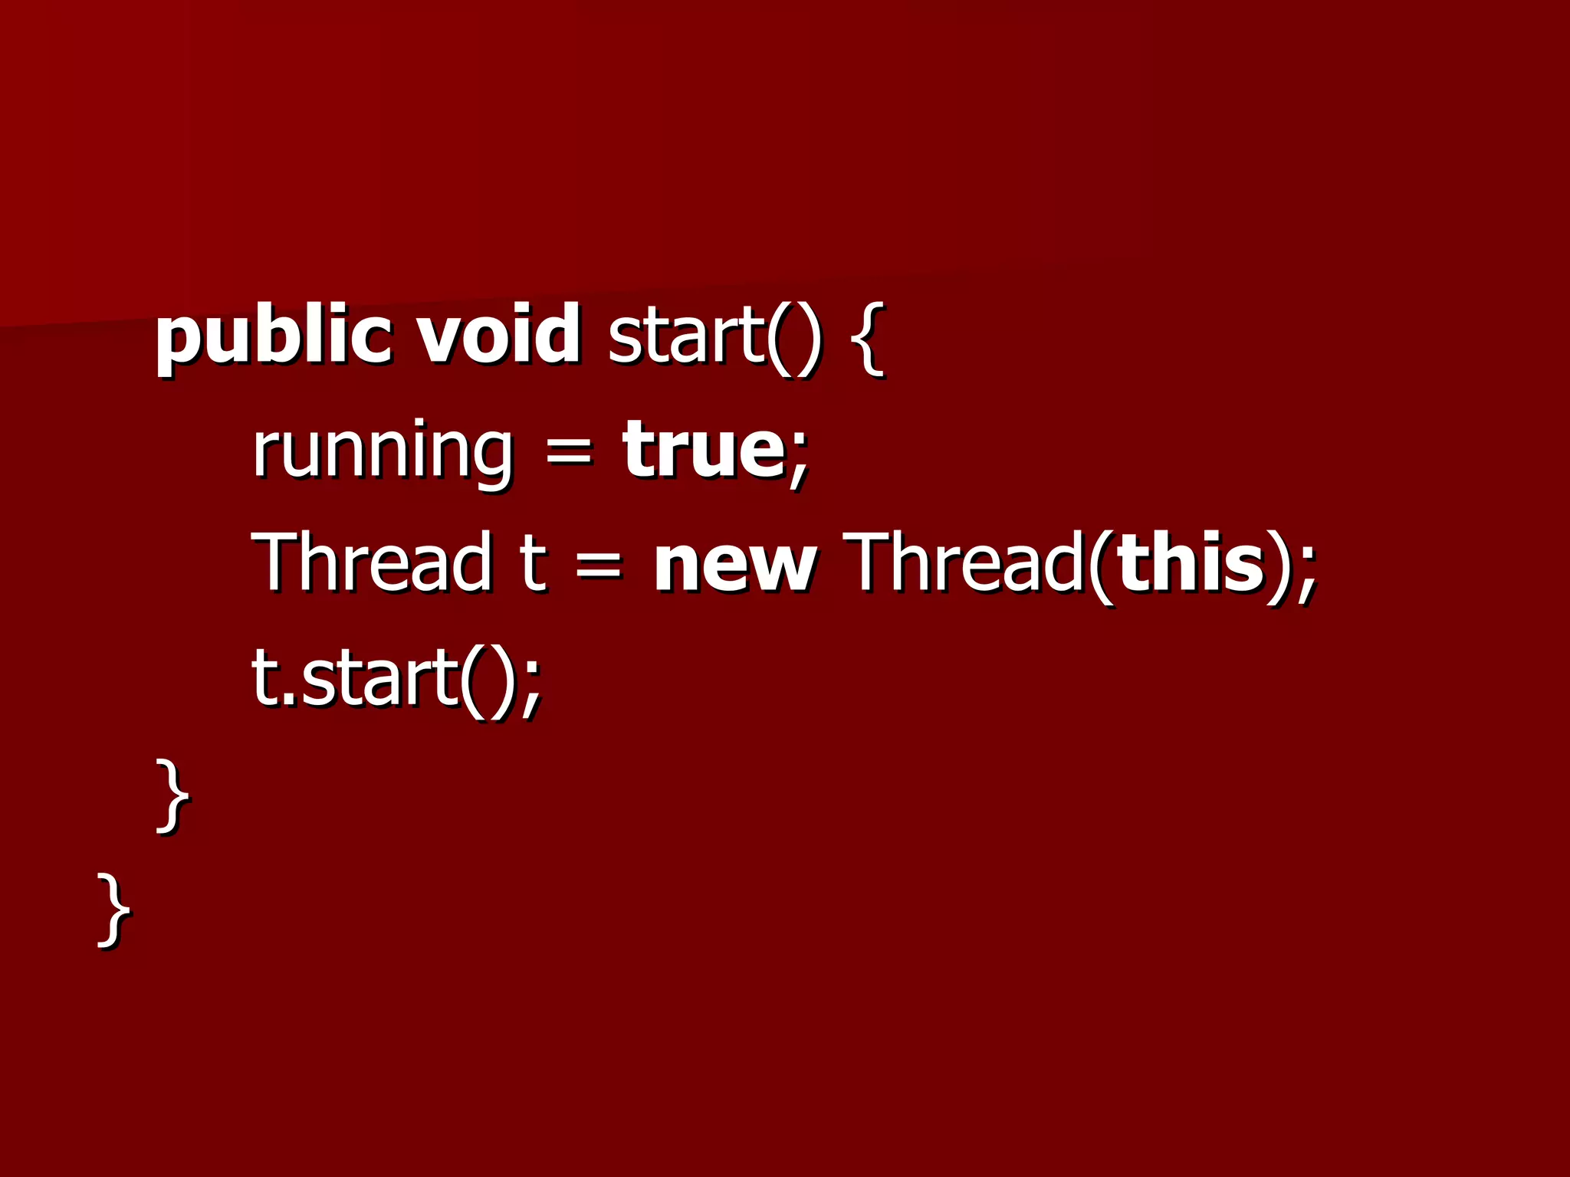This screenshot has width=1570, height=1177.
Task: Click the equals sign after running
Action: click(569, 452)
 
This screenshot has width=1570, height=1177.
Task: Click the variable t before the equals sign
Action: click(533, 563)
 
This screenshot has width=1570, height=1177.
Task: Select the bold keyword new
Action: click(734, 566)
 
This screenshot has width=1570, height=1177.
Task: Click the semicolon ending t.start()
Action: click(530, 686)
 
